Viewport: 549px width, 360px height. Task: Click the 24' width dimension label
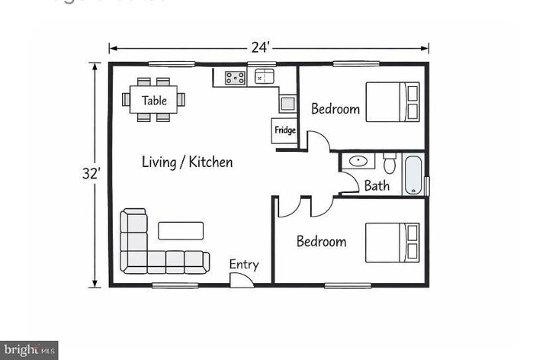tap(261, 47)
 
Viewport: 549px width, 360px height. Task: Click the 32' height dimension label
tap(91, 174)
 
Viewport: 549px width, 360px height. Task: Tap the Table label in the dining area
tap(154, 100)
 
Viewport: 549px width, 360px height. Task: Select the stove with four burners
tap(235, 76)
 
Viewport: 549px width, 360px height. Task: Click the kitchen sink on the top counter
tap(263, 76)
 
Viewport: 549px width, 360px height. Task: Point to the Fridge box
tap(284, 130)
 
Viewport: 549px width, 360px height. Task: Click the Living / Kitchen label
tap(188, 162)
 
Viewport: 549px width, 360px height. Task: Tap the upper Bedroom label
tap(335, 109)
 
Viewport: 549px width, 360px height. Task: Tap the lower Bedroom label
tap(321, 242)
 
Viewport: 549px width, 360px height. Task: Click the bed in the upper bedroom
tap(393, 102)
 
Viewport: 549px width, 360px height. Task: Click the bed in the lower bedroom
tap(392, 243)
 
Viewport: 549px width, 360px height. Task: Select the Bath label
tap(377, 185)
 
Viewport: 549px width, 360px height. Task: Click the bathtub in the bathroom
tap(413, 175)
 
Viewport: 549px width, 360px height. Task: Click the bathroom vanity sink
tap(357, 162)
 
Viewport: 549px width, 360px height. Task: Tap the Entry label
tap(244, 265)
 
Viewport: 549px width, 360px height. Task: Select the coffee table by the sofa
tap(181, 230)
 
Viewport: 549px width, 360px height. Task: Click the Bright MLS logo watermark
tap(29, 350)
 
